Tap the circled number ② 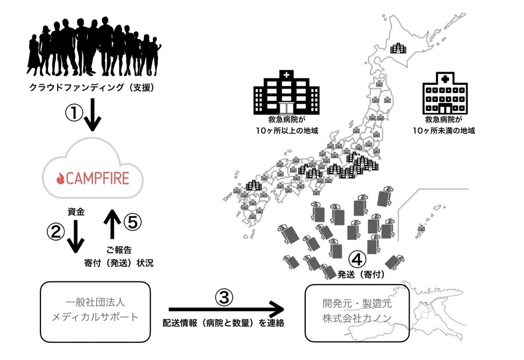pyautogui.click(x=56, y=232)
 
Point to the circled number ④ pyautogui.click(x=357, y=259)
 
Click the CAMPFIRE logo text pyautogui.click(x=97, y=178)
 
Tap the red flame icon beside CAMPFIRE pyautogui.click(x=61, y=178)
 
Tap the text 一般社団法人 pyautogui.click(x=95, y=303)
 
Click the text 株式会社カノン pyautogui.click(x=357, y=318)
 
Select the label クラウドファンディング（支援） pyautogui.click(x=92, y=87)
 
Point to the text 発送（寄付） pyautogui.click(x=361, y=274)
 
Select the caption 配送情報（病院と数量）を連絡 pyautogui.click(x=223, y=323)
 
